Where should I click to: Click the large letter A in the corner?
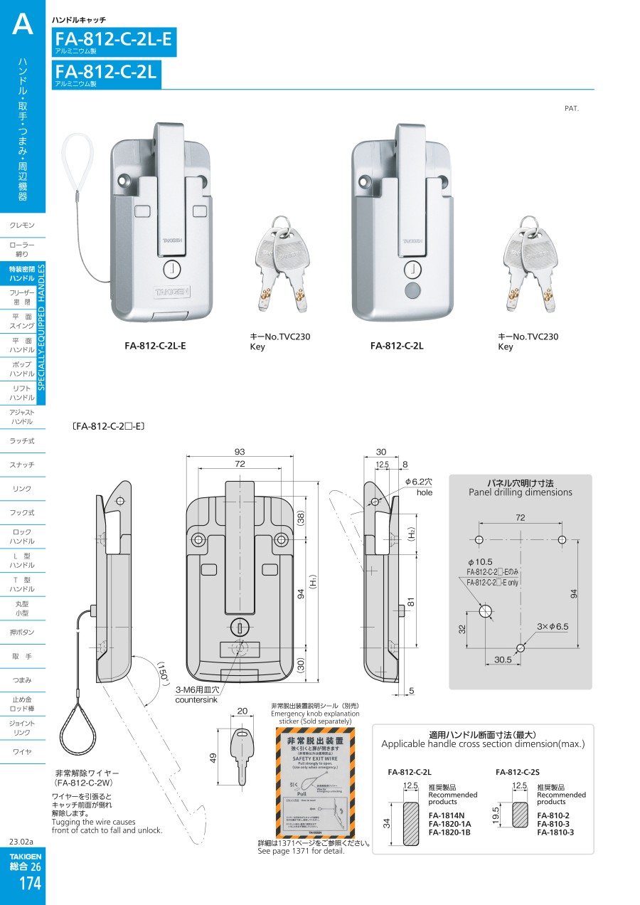pyautogui.click(x=23, y=25)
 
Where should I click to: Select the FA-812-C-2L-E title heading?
pyautogui.click(x=114, y=38)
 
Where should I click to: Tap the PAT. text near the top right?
pyautogui.click(x=572, y=108)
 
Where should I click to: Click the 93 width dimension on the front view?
pyautogui.click(x=240, y=452)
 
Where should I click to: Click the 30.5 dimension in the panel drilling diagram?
pyautogui.click(x=503, y=660)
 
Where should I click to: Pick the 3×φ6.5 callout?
pyautogui.click(x=553, y=626)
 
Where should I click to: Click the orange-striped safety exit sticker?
pyautogui.click(x=314, y=783)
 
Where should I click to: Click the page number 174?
pyautogui.click(x=30, y=884)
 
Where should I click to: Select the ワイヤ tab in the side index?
pyautogui.click(x=22, y=752)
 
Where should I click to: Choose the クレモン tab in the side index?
pyautogui.click(x=22, y=226)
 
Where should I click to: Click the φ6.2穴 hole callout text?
pyautogui.click(x=419, y=482)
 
